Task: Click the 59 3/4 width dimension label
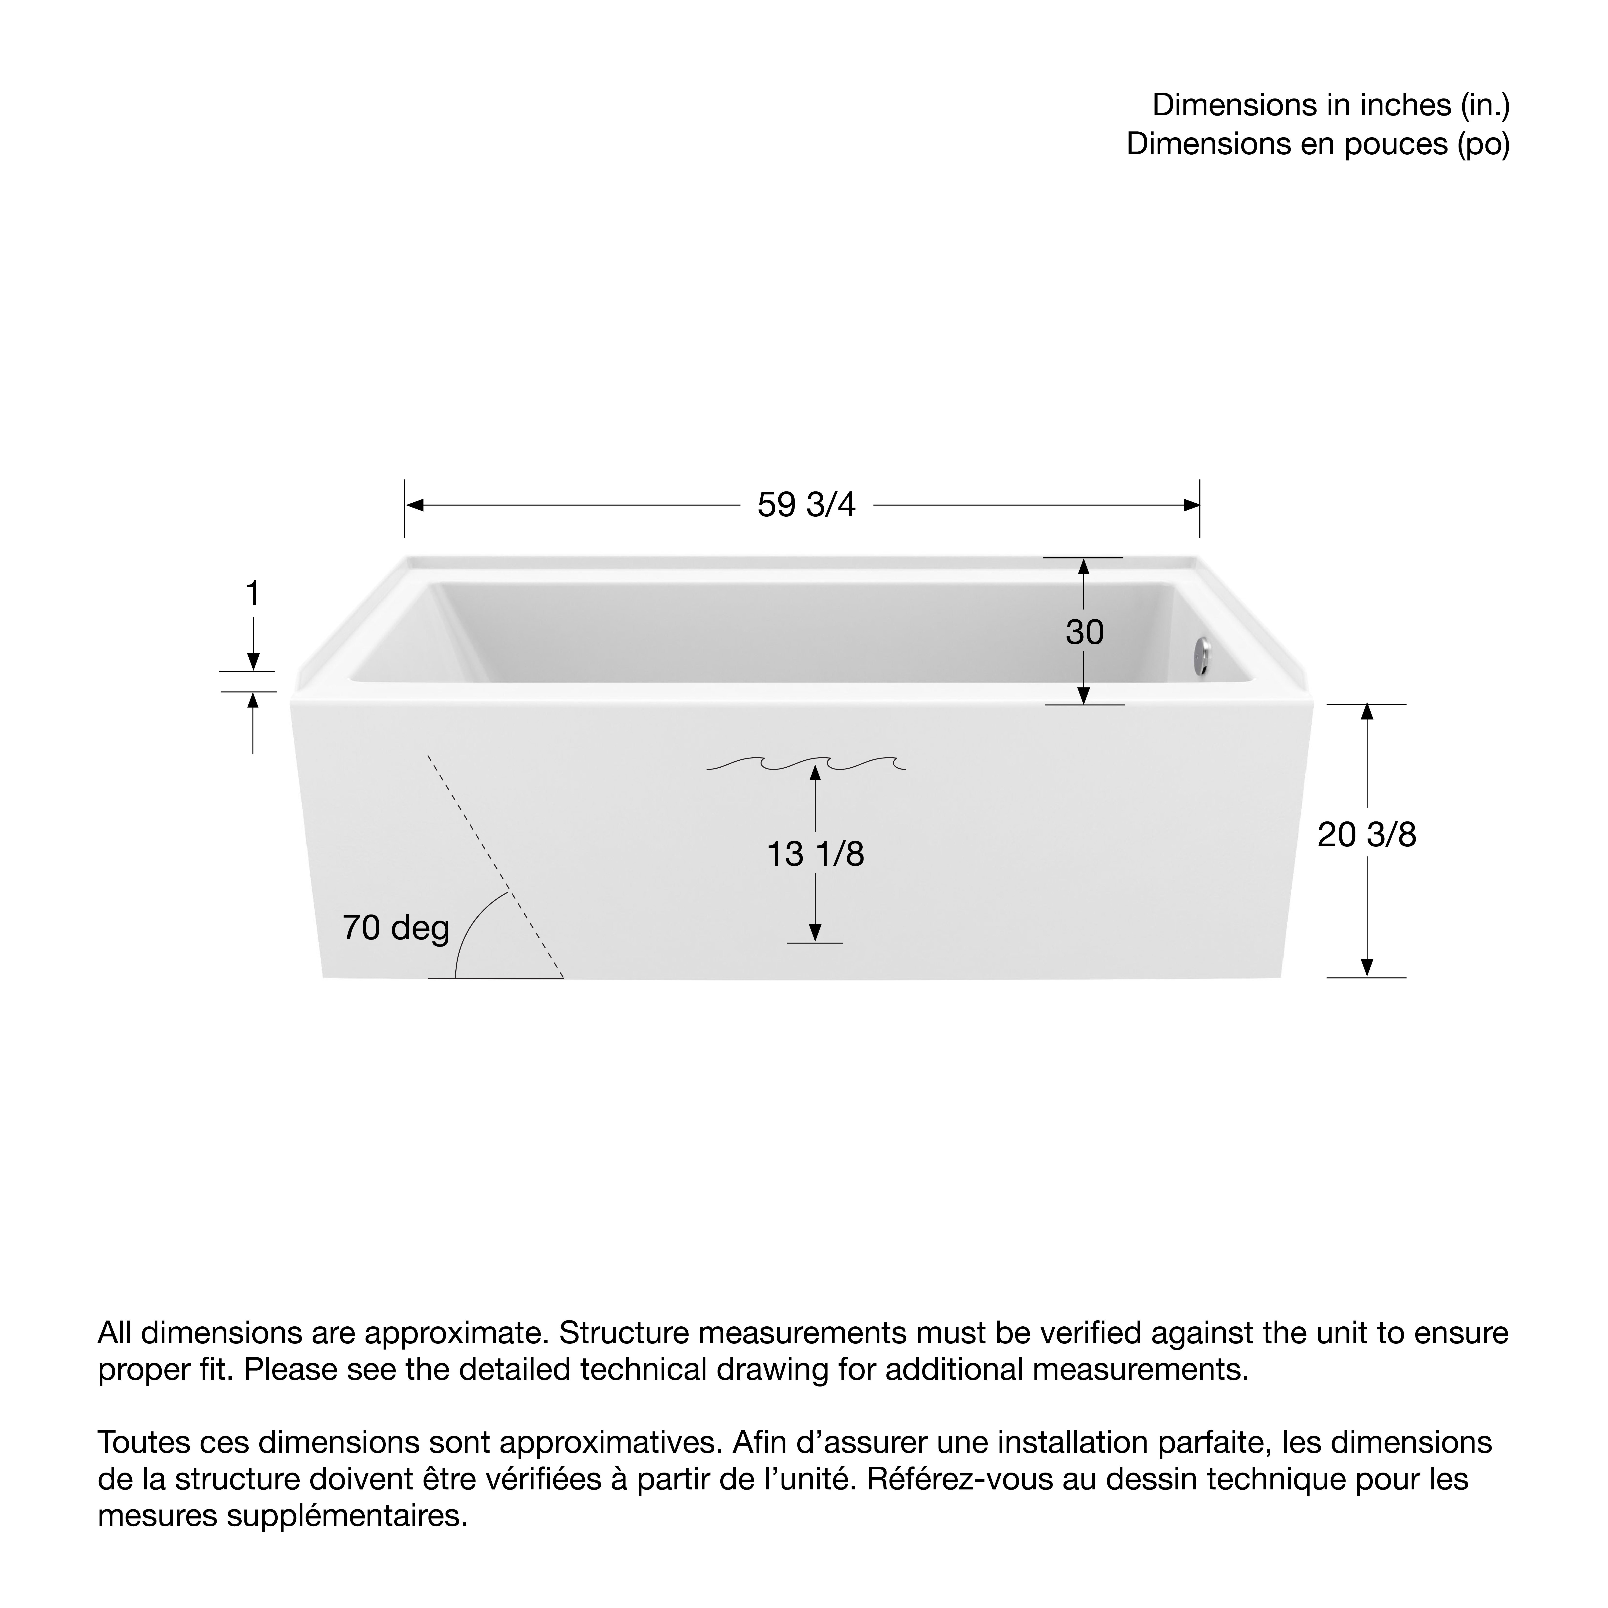click(806, 505)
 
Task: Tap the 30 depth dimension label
click(1085, 632)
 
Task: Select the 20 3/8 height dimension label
click(1367, 835)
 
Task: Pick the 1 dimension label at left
click(252, 594)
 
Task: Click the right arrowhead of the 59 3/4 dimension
click(1191, 505)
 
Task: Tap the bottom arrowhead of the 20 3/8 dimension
click(1367, 967)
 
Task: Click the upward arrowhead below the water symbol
click(815, 773)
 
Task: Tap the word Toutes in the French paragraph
click(137, 1442)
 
